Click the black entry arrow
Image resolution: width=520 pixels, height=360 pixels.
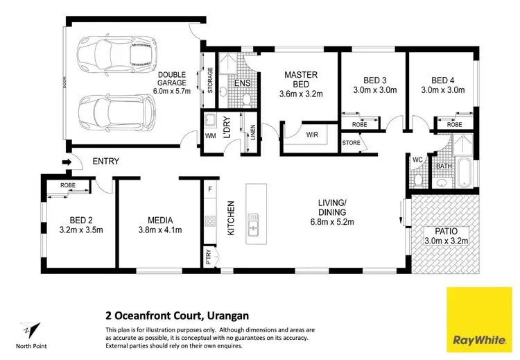(66, 163)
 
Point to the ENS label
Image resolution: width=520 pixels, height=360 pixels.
(242, 84)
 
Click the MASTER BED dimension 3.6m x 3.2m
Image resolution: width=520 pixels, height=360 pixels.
(301, 94)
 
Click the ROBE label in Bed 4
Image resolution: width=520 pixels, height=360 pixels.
(455, 124)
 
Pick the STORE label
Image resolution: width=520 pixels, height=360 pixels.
(351, 143)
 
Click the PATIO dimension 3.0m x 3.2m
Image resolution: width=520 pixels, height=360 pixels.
(447, 241)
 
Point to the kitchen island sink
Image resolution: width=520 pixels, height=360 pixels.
(254, 223)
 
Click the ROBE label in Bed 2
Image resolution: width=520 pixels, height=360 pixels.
(67, 186)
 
